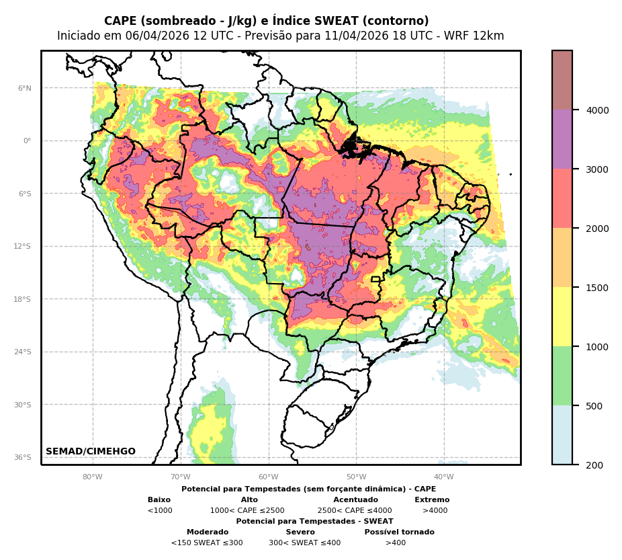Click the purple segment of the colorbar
562,139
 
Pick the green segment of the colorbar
562,376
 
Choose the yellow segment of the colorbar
562,317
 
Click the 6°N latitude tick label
25,88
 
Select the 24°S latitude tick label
24,352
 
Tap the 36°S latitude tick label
24,457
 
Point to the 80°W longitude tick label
93,477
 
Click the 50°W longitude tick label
356,477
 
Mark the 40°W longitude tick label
444,477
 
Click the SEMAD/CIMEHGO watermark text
91,452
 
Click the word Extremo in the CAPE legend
432,500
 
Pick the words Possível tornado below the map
399,532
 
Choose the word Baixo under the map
159,500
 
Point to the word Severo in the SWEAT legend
300,532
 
